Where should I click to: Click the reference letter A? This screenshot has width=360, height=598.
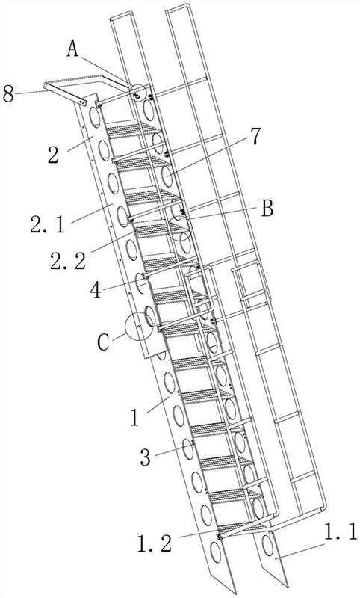pyautogui.click(x=72, y=49)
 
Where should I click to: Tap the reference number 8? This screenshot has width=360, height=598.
pyautogui.click(x=8, y=93)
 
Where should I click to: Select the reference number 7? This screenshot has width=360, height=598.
pyautogui.click(x=255, y=137)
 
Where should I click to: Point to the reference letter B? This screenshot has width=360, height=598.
pyautogui.click(x=267, y=209)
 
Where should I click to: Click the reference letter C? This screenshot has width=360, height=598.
pyautogui.click(x=103, y=343)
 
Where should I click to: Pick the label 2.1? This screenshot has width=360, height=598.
pyautogui.click(x=48, y=224)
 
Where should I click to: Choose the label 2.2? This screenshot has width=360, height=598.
pyautogui.click(x=68, y=260)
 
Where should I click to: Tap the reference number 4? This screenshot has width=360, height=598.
pyautogui.click(x=96, y=290)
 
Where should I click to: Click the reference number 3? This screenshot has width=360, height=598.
pyautogui.click(x=146, y=457)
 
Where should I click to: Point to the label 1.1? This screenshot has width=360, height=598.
pyautogui.click(x=341, y=531)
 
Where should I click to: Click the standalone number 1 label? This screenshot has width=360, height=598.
pyautogui.click(x=134, y=418)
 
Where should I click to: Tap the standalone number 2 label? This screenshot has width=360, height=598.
pyautogui.click(x=53, y=155)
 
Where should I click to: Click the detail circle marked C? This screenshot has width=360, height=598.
pyautogui.click(x=140, y=327)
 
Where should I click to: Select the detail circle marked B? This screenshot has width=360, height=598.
pyautogui.click(x=180, y=228)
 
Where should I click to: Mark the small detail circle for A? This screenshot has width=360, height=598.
pyautogui.click(x=138, y=92)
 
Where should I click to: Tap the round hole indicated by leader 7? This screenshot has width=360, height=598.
pyautogui.click(x=167, y=176)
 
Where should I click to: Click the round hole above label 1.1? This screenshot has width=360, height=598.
pyautogui.click(x=268, y=546)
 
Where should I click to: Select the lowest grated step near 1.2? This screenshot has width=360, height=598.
pyautogui.click(x=242, y=529)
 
